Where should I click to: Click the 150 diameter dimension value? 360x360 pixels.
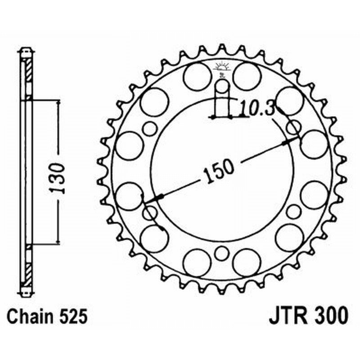[220, 172]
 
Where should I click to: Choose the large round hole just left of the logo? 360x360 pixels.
[197, 75]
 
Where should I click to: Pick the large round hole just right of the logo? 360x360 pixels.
[247, 75]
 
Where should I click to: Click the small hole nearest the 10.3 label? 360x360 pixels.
[293, 127]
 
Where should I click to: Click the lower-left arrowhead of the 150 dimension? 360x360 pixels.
[157, 198]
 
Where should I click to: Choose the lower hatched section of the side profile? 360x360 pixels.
[28, 270]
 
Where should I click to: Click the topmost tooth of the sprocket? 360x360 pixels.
[221, 47]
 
